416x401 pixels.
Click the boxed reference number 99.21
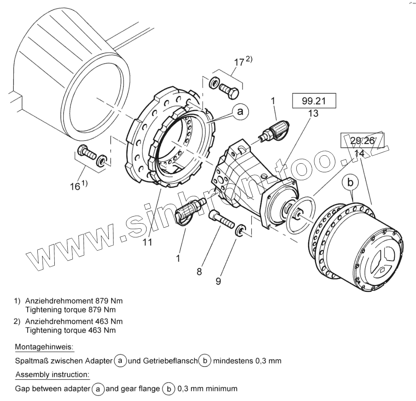coord(314,101)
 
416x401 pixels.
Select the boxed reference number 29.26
coord(362,140)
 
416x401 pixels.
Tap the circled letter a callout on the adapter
coord(240,112)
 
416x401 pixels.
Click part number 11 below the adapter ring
coord(147,242)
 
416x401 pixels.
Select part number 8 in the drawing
coord(200,272)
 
